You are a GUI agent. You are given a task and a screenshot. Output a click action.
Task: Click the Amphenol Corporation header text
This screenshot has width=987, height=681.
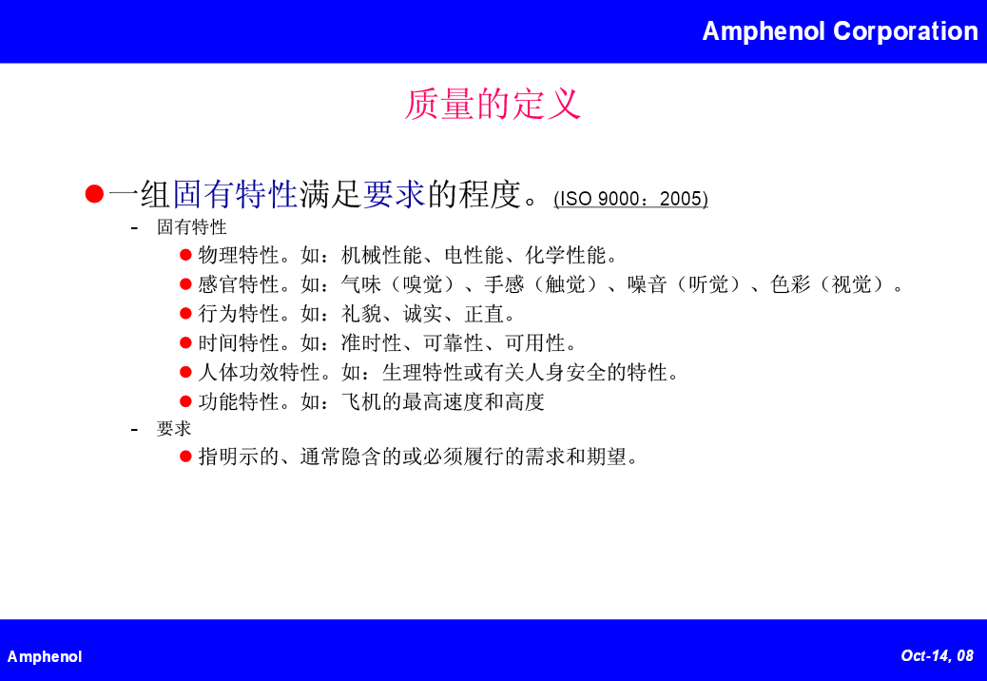840,31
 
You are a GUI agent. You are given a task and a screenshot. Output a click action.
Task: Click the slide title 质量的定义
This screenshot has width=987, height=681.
493,104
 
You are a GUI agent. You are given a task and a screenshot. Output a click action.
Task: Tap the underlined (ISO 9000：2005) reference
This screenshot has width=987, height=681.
630,199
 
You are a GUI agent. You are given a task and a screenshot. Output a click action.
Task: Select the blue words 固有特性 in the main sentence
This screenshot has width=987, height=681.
235,194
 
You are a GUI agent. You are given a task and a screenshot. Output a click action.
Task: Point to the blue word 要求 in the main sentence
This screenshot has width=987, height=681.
394,194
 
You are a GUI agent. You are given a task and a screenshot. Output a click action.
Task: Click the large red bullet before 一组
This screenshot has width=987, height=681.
94,194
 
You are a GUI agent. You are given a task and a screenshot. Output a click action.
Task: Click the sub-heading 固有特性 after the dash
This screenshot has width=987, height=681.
191,227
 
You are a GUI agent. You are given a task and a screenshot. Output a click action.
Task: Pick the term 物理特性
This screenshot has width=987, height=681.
239,255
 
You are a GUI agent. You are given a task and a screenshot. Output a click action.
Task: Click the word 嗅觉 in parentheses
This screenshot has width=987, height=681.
422,284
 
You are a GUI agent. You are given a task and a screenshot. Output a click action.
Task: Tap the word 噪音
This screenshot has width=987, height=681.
648,284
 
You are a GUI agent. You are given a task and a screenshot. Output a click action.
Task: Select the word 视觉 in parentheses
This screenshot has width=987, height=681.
852,284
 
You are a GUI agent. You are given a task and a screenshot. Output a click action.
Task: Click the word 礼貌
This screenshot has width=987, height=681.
361,314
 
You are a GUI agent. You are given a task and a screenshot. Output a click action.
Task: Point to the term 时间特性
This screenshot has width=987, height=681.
239,343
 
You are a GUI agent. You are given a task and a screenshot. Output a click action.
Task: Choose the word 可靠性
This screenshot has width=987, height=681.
454,343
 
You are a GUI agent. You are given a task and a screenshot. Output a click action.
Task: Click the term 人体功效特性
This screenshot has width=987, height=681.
260,373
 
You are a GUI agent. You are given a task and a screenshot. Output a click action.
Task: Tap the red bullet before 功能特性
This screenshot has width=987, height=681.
185,401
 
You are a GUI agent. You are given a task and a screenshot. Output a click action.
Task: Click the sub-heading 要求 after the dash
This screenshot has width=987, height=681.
174,429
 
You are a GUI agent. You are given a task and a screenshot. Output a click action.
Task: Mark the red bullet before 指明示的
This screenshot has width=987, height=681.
185,457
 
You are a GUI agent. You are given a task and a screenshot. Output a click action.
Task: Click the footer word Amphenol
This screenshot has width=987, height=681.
45,656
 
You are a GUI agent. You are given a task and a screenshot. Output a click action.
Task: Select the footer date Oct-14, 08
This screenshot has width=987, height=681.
938,656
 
